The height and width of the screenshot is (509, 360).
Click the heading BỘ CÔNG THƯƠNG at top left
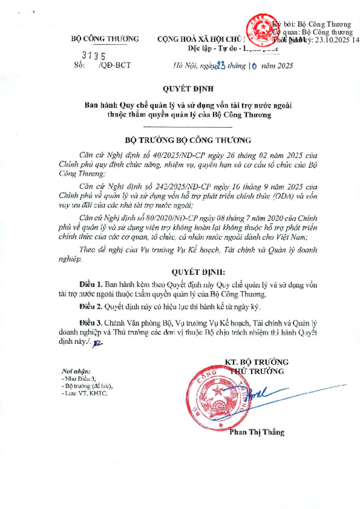click(105, 39)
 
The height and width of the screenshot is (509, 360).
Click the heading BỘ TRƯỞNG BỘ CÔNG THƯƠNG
click(189, 140)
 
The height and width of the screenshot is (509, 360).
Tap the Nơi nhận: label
click(76, 371)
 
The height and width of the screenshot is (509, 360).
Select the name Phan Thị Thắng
click(257, 432)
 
